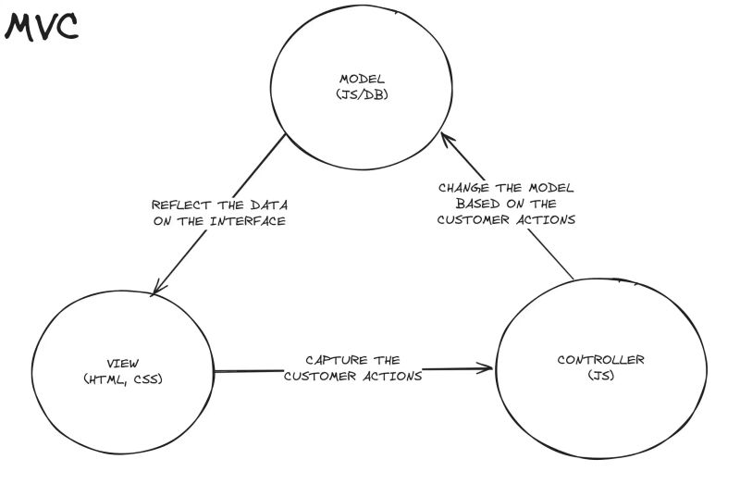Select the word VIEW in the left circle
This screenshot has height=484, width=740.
[x=123, y=364]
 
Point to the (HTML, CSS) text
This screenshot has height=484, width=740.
[x=123, y=379]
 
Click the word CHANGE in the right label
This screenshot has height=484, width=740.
[x=464, y=186]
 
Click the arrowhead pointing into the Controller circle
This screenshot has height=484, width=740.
[x=487, y=369]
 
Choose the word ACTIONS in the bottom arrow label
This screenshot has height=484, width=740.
[x=396, y=376]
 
